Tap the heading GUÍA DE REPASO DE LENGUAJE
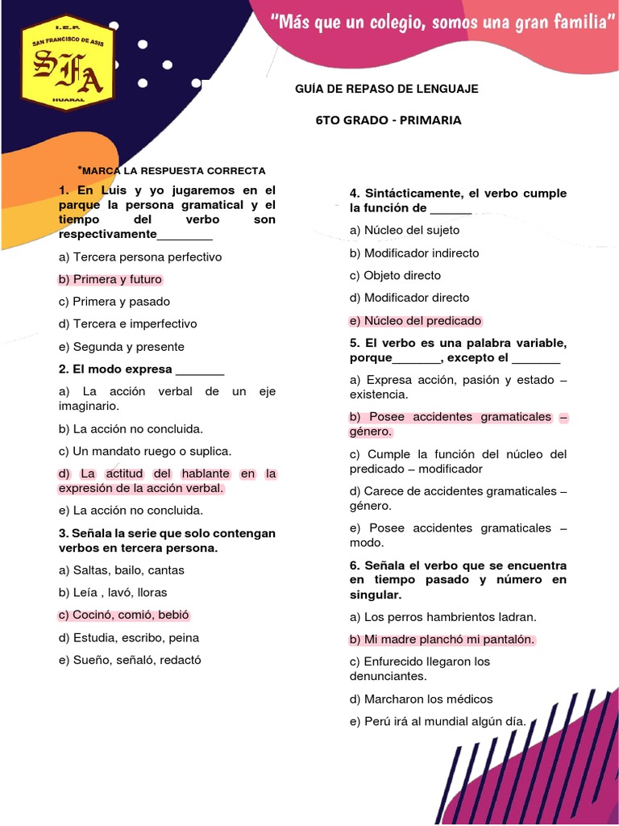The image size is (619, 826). click(x=388, y=89)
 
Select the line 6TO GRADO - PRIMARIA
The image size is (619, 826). click(x=388, y=120)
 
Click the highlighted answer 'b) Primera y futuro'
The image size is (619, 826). click(x=110, y=280)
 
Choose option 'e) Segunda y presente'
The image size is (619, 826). click(x=122, y=347)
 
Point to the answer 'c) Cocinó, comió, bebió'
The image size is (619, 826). click(x=123, y=615)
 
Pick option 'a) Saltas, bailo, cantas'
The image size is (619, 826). click(x=122, y=570)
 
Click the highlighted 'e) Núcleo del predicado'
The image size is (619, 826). click(x=415, y=320)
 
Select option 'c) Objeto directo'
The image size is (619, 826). click(x=395, y=275)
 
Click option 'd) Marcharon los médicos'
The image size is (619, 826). click(x=421, y=699)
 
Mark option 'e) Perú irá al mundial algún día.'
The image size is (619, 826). click(x=438, y=721)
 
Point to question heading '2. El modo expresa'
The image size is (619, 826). click(x=141, y=369)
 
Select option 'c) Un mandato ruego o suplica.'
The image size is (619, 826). click(x=145, y=451)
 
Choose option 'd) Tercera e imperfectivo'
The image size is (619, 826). click(x=127, y=324)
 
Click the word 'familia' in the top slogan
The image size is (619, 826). click(x=574, y=23)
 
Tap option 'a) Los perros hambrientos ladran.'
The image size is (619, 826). click(x=442, y=617)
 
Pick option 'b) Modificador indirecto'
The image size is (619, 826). click(x=414, y=253)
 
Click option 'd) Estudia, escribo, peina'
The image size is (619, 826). click(x=129, y=637)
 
